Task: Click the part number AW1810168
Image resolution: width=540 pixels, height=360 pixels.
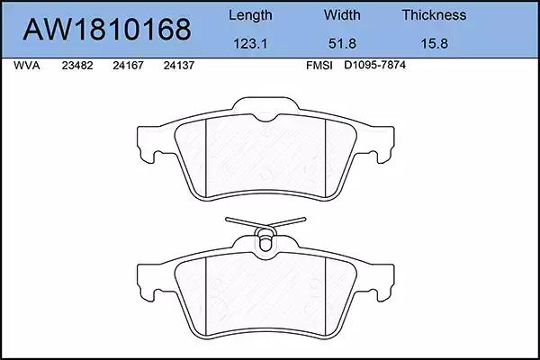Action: (x=107, y=30)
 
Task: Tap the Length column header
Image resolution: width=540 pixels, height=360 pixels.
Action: (x=250, y=15)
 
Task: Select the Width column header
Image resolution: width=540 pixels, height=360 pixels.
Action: (x=342, y=14)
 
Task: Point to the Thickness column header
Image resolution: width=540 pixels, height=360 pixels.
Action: (x=434, y=14)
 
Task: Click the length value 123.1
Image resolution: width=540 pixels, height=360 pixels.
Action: (x=250, y=44)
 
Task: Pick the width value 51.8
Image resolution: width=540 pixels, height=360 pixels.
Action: (x=342, y=44)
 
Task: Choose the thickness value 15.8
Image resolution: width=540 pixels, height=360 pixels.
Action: (x=435, y=44)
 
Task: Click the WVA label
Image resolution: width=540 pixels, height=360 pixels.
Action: (x=26, y=66)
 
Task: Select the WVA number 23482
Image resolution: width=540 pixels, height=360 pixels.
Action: (x=77, y=66)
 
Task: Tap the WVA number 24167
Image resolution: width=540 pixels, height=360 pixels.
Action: (x=128, y=66)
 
